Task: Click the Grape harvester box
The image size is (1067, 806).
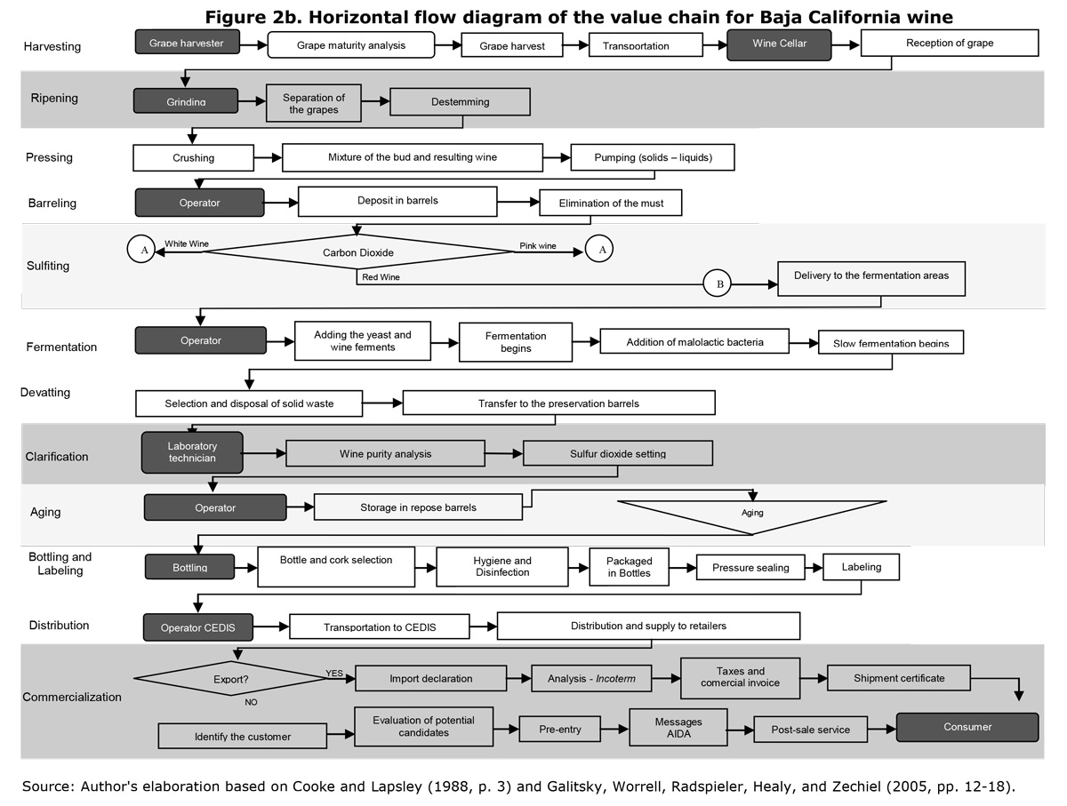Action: (x=187, y=43)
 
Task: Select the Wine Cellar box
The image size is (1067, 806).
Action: (x=779, y=44)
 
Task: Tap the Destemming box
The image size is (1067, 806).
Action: (x=460, y=101)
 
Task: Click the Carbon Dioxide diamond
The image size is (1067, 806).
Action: (x=357, y=251)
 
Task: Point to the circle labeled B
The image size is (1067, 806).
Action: (x=717, y=283)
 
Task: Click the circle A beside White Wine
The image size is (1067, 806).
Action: (x=141, y=249)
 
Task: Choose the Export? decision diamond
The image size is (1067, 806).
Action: (x=231, y=678)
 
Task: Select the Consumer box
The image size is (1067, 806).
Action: (x=967, y=727)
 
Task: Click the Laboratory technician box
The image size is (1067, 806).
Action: (x=192, y=452)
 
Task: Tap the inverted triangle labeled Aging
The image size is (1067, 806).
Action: (x=752, y=517)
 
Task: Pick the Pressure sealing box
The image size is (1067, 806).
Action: (x=750, y=567)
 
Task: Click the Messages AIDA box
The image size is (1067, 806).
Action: (x=678, y=727)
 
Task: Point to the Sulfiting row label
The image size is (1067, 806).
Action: (x=48, y=266)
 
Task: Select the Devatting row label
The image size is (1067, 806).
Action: (x=45, y=392)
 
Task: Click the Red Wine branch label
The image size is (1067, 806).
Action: (x=381, y=277)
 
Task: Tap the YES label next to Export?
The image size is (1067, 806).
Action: (x=334, y=673)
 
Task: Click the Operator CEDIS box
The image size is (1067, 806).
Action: (x=198, y=627)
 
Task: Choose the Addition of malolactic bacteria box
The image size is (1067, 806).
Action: (x=694, y=341)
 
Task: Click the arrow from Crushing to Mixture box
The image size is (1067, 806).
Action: (x=268, y=157)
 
